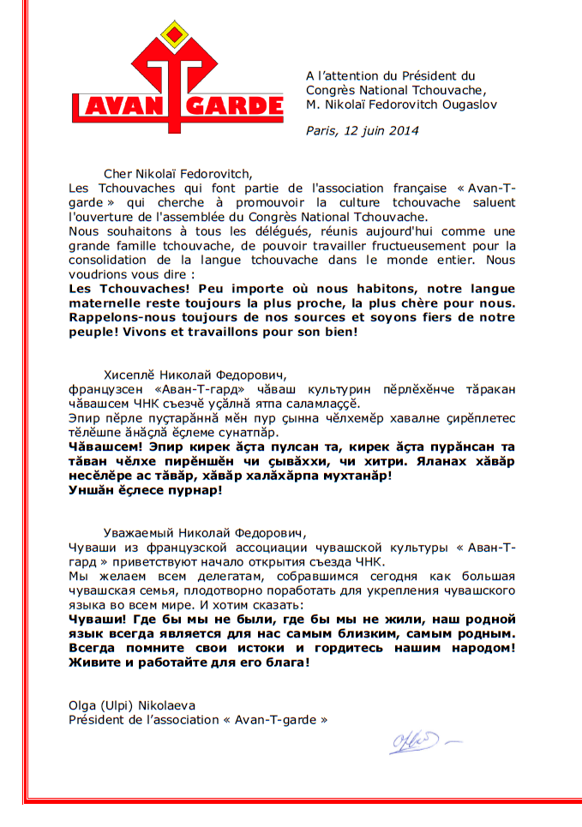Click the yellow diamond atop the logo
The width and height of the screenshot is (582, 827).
click(x=177, y=35)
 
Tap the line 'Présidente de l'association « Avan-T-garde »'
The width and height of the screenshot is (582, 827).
click(x=198, y=720)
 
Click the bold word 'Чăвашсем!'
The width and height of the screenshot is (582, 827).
click(x=103, y=446)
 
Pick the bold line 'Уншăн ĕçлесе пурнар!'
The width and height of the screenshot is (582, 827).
click(x=145, y=490)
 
